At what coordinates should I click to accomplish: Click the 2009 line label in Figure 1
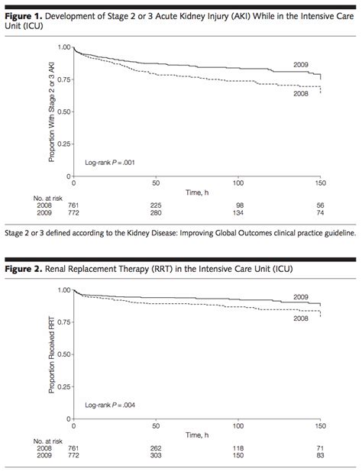[301, 65]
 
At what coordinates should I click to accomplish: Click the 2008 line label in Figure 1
[301, 93]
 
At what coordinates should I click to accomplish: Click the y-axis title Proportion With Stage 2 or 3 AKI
[51, 112]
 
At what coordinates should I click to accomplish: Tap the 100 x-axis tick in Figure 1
[238, 184]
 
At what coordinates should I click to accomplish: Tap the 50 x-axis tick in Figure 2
[156, 426]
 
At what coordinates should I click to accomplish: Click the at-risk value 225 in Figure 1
[156, 205]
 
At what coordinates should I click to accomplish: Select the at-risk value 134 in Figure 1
[238, 213]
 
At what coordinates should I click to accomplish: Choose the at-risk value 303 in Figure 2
[156, 454]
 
